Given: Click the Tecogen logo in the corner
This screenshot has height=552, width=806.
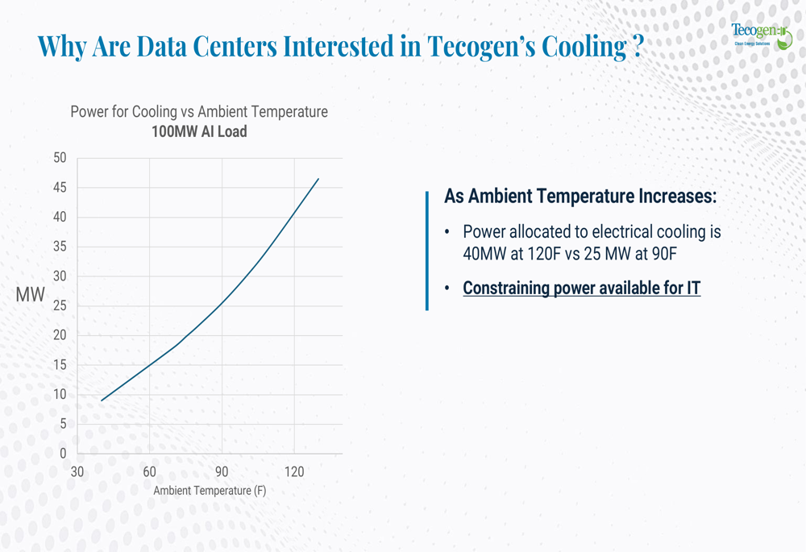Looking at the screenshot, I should coord(761,35).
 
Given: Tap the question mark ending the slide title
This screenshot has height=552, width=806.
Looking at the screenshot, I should coord(637,47).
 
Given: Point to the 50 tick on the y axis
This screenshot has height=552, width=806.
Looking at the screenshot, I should coord(60,158).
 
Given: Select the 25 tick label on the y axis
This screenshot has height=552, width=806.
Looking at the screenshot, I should coord(60,306).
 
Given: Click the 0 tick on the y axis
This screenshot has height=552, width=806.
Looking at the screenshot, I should coord(63,454).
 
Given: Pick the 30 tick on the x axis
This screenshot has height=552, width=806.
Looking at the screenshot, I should coord(77,472).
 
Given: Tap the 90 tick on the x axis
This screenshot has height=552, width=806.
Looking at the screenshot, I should coord(222,472).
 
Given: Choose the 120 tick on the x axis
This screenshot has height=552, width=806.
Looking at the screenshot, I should coord(293,472).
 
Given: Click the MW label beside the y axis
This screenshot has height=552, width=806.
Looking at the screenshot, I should coord(31,295).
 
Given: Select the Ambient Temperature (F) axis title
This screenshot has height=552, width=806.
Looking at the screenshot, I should coord(210,491).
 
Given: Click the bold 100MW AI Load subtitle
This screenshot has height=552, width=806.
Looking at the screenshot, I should coord(199,131).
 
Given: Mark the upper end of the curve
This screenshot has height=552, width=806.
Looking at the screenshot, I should coord(318,179).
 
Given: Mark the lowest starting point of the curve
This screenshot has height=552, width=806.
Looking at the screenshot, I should coord(102,401).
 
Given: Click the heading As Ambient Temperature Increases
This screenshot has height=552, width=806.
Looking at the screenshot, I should coord(580,197).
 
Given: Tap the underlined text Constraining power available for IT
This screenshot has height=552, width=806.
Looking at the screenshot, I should coord(581,288).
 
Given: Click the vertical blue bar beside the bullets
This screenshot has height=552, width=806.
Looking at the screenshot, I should coord(426,251).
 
